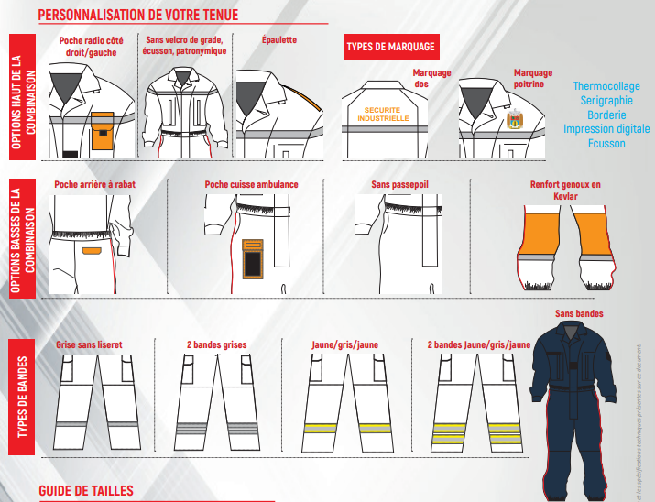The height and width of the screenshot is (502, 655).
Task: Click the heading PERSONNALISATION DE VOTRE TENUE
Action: (137, 16)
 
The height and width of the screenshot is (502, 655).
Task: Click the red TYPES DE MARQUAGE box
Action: (390, 47)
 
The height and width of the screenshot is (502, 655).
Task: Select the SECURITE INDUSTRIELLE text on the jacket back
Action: (382, 114)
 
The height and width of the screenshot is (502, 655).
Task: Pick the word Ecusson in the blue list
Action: (606, 143)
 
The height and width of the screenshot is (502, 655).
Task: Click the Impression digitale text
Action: (606, 129)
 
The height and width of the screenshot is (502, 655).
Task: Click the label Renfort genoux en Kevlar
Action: (565, 190)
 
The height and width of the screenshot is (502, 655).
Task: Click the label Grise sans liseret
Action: (89, 344)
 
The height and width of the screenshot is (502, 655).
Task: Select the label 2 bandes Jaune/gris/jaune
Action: (478, 344)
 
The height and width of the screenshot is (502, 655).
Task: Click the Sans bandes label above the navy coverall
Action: (579, 314)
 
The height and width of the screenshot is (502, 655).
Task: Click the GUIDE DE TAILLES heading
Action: (86, 491)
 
